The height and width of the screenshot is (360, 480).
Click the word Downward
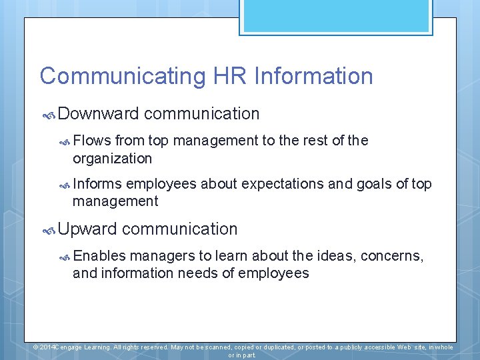[98, 114]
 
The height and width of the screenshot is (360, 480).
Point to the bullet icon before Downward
[49, 115]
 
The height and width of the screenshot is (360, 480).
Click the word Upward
[87, 229]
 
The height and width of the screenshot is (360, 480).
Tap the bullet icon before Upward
[49, 230]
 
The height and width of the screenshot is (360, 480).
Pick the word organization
[112, 159]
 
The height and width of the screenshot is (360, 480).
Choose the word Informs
[97, 184]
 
